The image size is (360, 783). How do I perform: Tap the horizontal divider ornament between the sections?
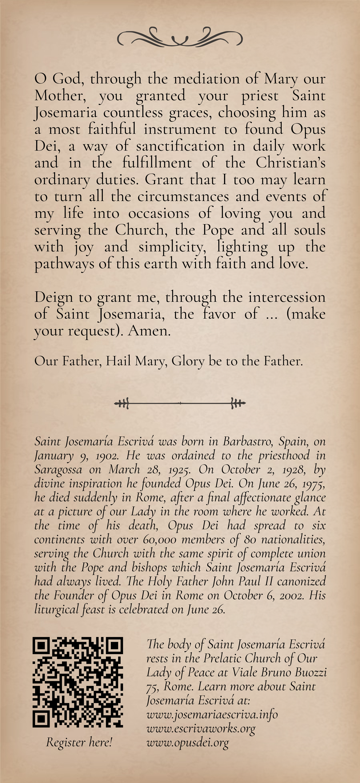(180, 403)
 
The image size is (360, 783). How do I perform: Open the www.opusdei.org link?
(187, 743)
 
